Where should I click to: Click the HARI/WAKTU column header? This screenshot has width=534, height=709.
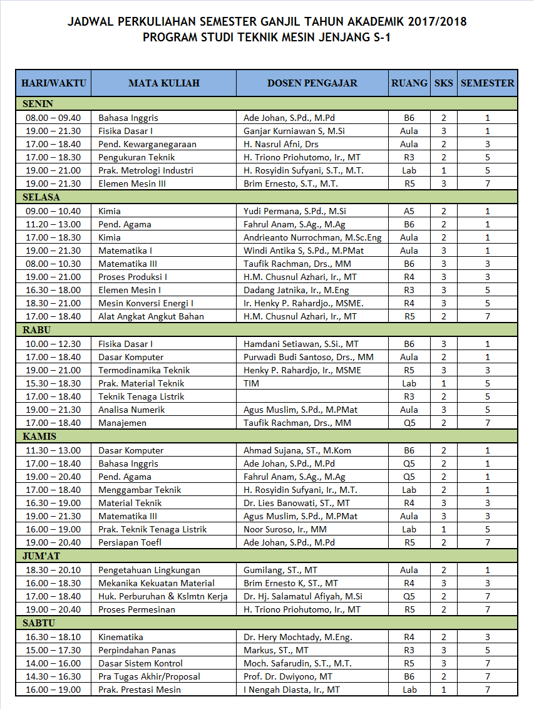53,83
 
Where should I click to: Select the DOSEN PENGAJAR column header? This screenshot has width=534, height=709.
312,83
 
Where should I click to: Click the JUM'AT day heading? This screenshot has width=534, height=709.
41,556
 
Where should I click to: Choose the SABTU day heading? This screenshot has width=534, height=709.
39,623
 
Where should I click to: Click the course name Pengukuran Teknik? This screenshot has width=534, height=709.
136,157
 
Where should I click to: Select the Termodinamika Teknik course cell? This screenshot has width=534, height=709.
144,370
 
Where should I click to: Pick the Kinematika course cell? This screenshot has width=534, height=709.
121,637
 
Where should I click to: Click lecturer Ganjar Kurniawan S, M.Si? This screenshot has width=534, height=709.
294,131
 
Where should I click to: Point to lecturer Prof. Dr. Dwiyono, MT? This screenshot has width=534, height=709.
289,676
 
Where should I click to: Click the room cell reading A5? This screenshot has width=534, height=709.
409,211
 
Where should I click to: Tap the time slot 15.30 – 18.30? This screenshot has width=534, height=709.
53,383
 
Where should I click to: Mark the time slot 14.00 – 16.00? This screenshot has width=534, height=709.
53,663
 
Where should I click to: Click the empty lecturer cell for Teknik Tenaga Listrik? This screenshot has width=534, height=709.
312,396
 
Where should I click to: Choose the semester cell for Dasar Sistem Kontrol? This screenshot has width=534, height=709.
487,663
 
